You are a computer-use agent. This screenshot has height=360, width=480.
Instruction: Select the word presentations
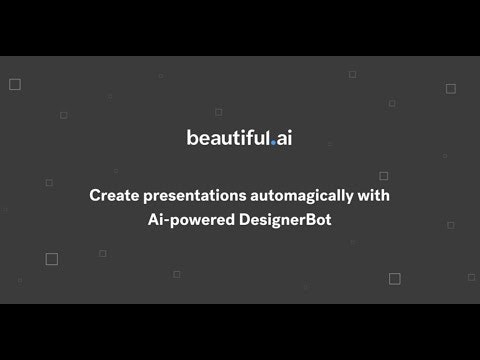(x=185, y=195)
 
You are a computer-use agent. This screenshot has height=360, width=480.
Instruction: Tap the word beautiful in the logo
(x=227, y=138)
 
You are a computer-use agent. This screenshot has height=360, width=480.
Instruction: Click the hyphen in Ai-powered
(x=165, y=218)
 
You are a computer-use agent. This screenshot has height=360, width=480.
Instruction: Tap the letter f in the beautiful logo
(x=243, y=137)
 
